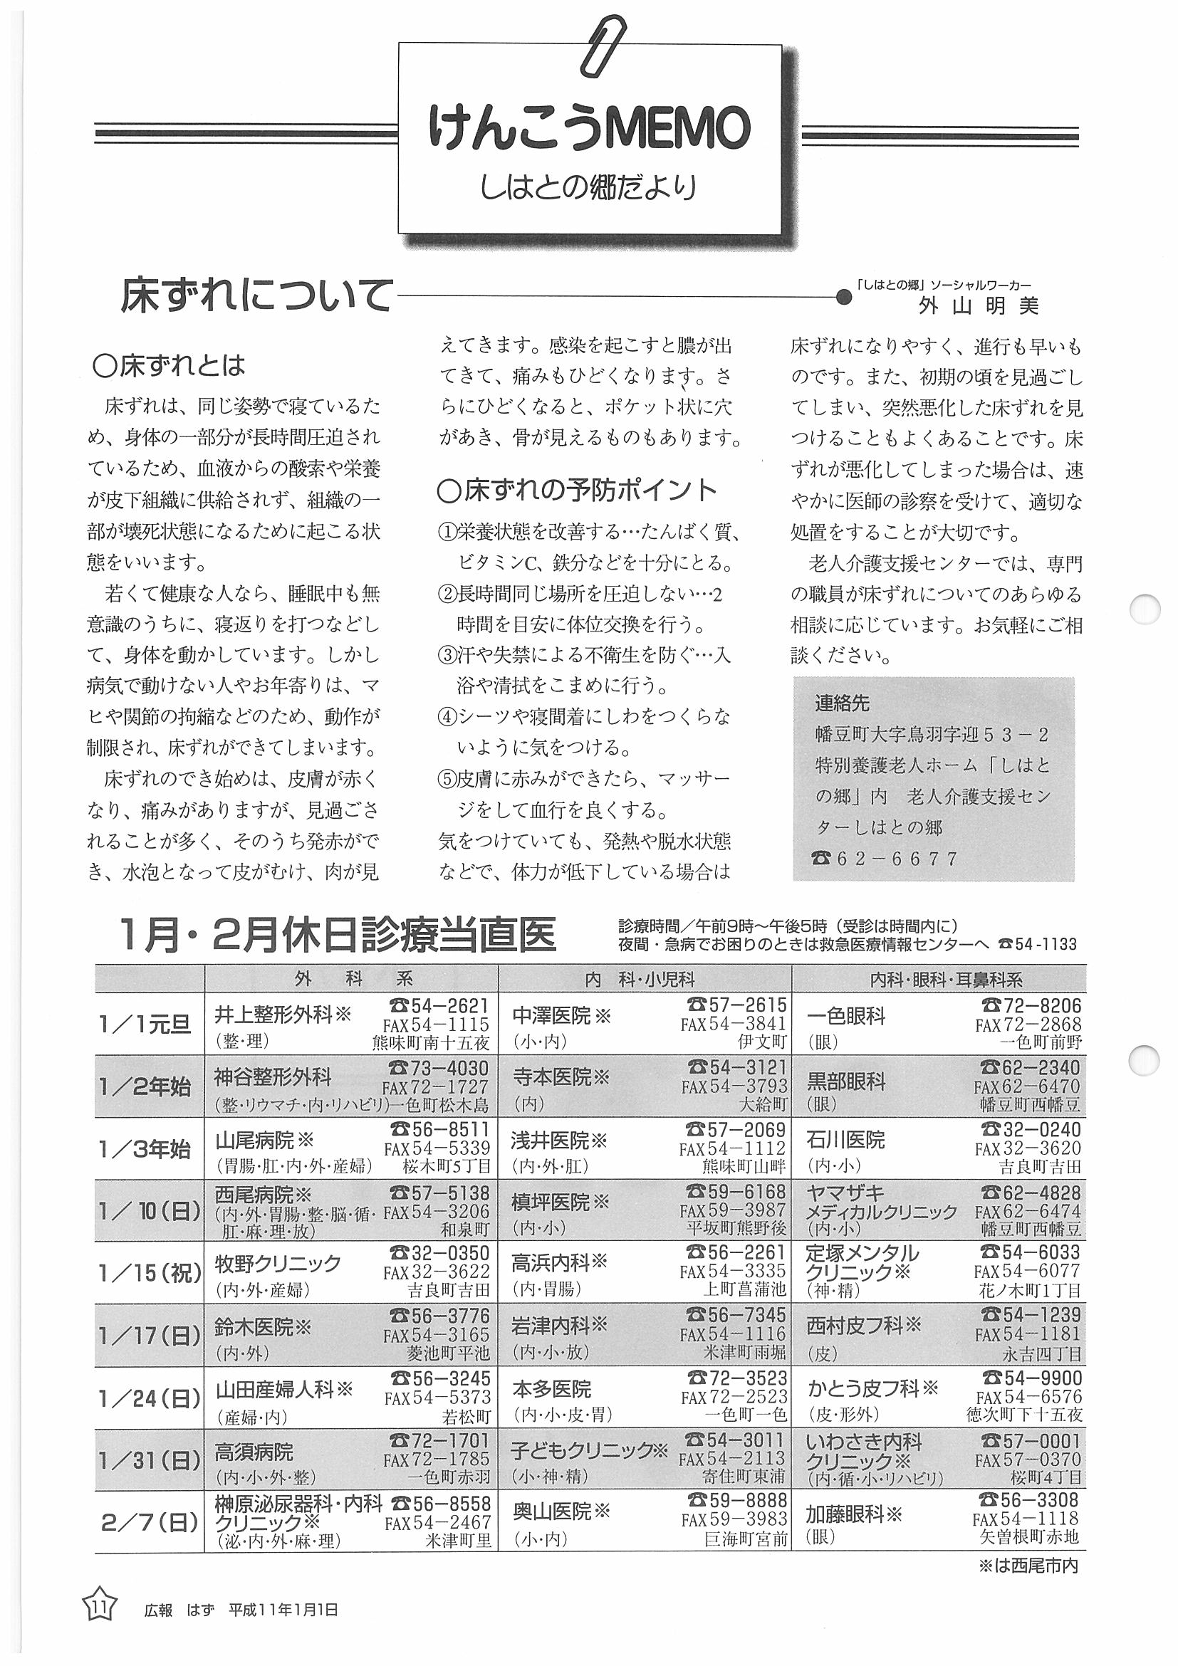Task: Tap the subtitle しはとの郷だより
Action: (x=588, y=187)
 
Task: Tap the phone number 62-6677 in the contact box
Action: (x=897, y=859)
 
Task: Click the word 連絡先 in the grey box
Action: (x=842, y=703)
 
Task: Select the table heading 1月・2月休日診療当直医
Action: (x=338, y=936)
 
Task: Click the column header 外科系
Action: (x=353, y=979)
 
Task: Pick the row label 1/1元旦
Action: (x=145, y=1023)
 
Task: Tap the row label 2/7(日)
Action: (x=150, y=1522)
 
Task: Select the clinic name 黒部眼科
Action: (x=846, y=1081)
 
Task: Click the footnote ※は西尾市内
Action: (x=1028, y=1566)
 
